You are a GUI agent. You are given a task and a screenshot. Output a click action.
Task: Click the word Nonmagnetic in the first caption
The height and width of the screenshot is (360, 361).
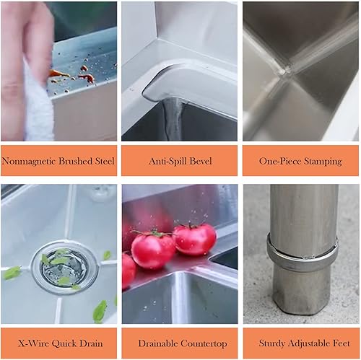click(x=29, y=161)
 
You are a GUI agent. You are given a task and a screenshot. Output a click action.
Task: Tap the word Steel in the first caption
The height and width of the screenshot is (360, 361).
click(x=105, y=161)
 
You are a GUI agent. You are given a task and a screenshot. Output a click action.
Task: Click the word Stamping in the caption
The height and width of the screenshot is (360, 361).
click(x=323, y=162)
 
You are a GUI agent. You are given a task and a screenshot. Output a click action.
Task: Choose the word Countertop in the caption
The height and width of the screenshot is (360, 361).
click(x=204, y=344)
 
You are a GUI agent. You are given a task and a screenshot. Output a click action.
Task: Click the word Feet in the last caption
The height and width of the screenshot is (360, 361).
click(x=341, y=343)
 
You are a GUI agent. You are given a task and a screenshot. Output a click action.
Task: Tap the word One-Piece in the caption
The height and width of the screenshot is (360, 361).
click(x=280, y=161)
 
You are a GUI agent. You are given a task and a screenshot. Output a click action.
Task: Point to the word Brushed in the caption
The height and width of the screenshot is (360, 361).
click(x=76, y=161)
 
